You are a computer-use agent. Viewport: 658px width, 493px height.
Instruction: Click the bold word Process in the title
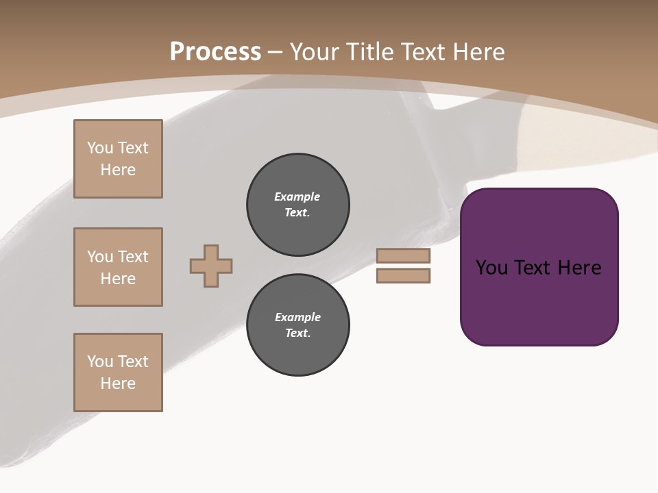pos(215,52)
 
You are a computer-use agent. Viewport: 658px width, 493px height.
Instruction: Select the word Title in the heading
pos(371,52)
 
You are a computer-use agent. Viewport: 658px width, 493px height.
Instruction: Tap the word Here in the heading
pos(478,52)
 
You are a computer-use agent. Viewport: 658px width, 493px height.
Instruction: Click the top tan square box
pos(118,159)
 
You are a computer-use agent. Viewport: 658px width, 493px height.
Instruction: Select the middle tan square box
pos(118,267)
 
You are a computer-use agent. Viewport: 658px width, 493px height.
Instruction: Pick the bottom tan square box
pos(118,372)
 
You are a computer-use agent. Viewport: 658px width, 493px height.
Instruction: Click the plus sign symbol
pos(211,266)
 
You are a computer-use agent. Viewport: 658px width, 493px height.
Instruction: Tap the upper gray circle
pos(298,205)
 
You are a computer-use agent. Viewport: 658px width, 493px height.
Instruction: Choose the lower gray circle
pos(298,325)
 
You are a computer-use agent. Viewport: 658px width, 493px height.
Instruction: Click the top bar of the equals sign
pos(403,255)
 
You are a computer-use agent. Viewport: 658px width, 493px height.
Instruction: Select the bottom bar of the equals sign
pos(403,276)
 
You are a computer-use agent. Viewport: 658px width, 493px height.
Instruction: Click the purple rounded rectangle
pos(539,301)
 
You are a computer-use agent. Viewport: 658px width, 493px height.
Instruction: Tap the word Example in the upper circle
pos(297,197)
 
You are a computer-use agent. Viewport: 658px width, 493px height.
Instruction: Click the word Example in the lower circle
pos(297,317)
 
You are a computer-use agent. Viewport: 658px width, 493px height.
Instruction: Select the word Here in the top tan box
pos(118,170)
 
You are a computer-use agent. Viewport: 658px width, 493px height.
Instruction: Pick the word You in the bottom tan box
pos(100,362)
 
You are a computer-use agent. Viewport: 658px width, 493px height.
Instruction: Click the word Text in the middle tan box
pos(133,257)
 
